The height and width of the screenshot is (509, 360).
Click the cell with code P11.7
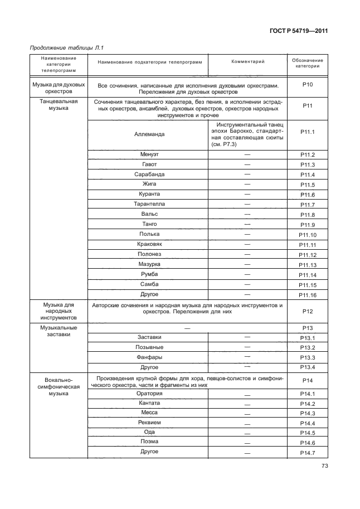click(308, 205)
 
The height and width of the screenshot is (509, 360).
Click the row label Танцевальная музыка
click(59, 105)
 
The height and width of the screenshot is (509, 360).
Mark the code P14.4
click(308, 423)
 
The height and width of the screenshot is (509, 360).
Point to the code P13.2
click(308, 348)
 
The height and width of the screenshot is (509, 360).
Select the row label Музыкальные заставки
click(59, 331)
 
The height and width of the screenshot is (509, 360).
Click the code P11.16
click(308, 295)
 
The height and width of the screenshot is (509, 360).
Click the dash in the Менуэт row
click(247, 154)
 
